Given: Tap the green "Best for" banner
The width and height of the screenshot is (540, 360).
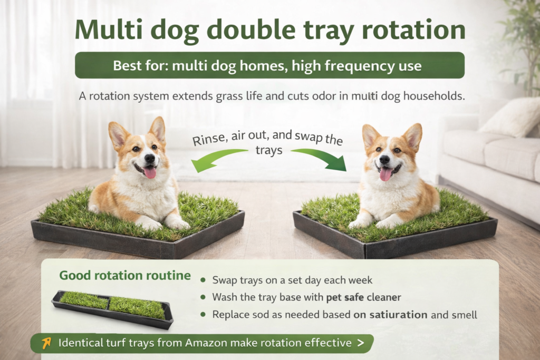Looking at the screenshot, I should pos(269,66).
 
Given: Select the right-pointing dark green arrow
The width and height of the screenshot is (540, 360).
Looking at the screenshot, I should pos(322,158).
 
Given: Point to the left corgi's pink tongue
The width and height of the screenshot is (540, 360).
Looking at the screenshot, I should pos(150,172).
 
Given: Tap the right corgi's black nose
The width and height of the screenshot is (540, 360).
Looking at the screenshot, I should pos(383,159).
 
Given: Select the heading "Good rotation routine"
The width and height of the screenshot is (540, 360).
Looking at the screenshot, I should pos(124,275).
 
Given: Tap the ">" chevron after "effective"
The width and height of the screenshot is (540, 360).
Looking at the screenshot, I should pos(360,343).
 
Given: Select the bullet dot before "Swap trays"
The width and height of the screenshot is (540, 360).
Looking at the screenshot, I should pos(204,280).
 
